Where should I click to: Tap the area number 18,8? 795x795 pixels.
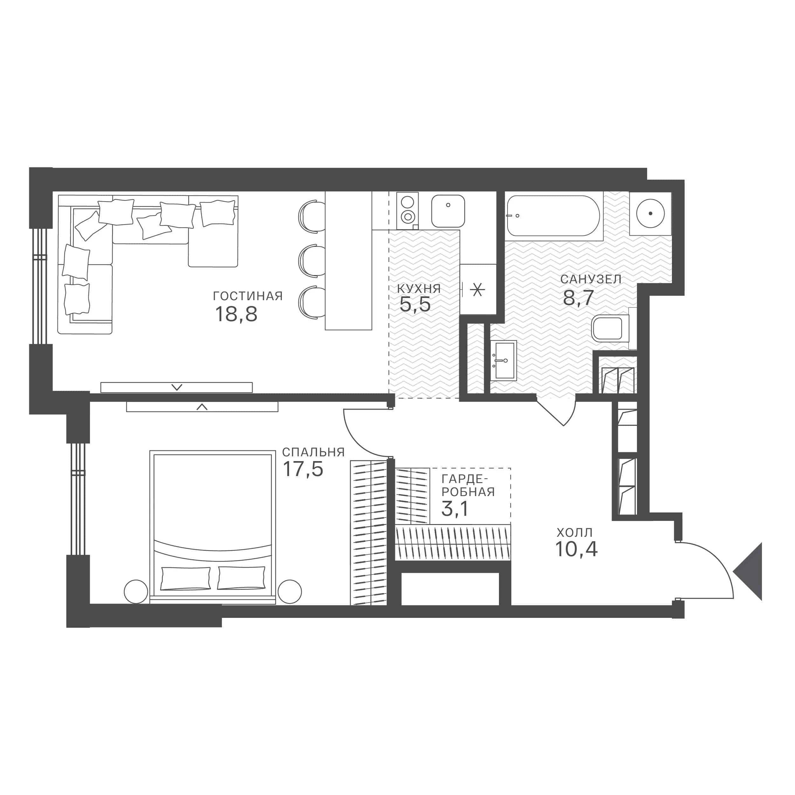click(236, 315)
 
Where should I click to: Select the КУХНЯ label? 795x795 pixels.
click(419, 289)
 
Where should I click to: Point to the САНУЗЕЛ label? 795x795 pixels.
click(591, 280)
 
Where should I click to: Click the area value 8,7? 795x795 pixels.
click(578, 298)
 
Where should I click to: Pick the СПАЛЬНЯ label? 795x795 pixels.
click(313, 453)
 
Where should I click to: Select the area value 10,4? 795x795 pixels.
click(576, 549)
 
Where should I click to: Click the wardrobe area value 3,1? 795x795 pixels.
click(455, 509)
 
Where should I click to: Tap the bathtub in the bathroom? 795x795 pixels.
click(554, 216)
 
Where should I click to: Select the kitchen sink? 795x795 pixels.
click(448, 211)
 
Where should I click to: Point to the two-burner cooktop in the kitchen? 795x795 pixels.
click(408, 210)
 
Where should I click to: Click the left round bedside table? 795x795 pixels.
click(136, 592)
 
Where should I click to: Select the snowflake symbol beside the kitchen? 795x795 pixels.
click(477, 290)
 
